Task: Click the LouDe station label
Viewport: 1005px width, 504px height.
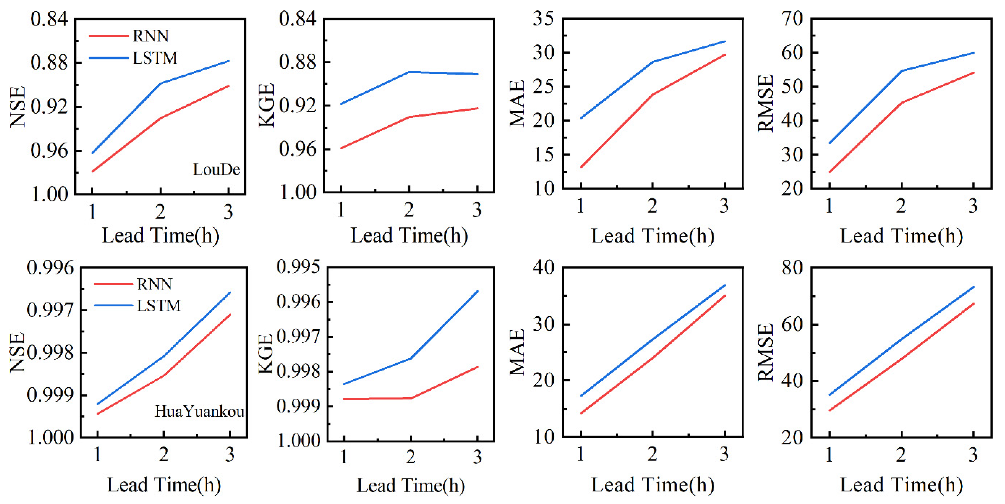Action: pos(217,169)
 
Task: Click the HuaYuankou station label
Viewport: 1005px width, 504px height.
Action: pos(199,411)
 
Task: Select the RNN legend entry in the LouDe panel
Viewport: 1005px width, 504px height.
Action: pos(150,36)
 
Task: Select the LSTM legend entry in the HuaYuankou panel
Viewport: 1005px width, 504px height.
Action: pos(158,305)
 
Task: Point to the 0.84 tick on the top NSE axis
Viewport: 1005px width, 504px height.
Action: pos(49,19)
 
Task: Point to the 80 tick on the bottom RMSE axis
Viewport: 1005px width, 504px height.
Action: pos(792,268)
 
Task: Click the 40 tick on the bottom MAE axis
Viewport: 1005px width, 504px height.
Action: pos(543,268)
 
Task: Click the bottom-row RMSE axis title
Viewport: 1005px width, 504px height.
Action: pos(766,352)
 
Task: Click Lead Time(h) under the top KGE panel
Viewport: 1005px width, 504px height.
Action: pos(409,235)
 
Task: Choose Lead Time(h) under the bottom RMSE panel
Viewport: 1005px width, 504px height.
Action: pos(901,485)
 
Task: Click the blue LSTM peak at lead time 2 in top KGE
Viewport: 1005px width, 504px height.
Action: pos(409,72)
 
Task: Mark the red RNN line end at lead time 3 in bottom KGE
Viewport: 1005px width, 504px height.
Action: pos(478,367)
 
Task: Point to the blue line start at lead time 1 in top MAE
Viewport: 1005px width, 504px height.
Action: pos(581,118)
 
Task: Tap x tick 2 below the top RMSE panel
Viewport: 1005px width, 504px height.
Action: pos(901,206)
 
